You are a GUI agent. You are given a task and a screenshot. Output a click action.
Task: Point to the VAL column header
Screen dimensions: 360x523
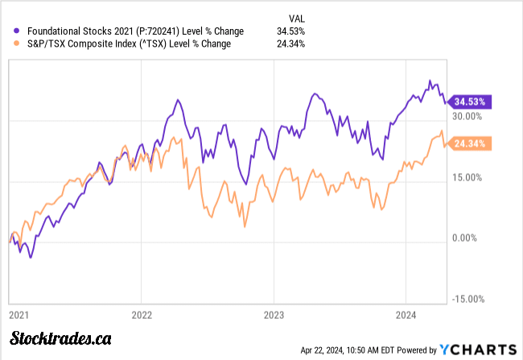coord(297,18)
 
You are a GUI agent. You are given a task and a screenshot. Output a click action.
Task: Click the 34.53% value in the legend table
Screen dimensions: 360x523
coord(290,31)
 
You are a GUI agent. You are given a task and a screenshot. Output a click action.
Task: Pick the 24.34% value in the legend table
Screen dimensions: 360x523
coord(290,44)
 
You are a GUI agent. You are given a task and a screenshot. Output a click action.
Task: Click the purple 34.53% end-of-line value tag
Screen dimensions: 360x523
coord(470,102)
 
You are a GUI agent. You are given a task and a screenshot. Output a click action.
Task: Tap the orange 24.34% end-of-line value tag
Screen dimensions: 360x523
coord(470,144)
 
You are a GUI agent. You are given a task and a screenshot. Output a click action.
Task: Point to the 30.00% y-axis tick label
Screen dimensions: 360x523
coord(467,116)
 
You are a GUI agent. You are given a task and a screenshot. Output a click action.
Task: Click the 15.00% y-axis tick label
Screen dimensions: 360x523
coord(467,178)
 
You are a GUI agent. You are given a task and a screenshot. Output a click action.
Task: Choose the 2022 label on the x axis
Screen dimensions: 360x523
coord(141,314)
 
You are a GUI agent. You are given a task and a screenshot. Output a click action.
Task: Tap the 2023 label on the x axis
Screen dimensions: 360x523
coord(274,314)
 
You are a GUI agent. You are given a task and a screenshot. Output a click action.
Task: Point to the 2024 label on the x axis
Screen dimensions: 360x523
coord(406,314)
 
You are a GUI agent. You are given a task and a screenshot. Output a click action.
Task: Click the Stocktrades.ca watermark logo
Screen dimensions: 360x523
coord(60,339)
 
